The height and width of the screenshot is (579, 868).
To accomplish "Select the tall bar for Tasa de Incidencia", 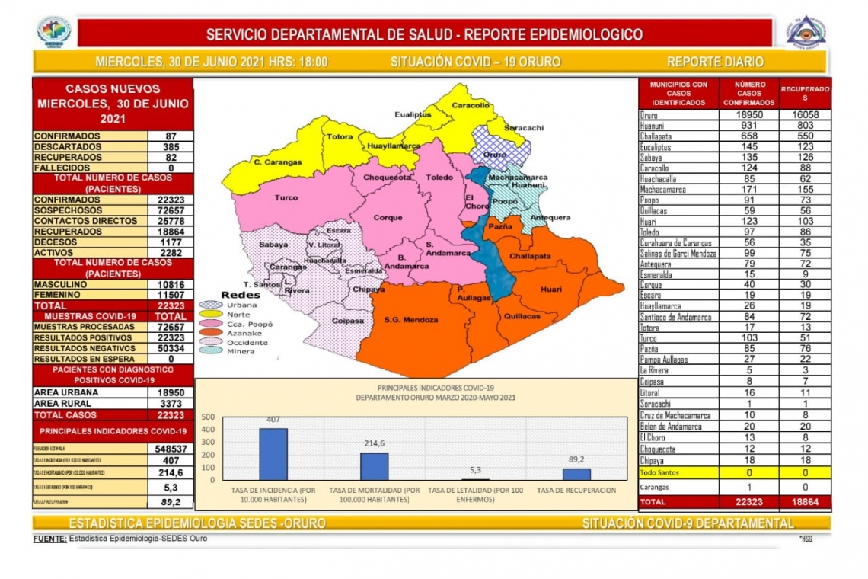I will tap(273, 454).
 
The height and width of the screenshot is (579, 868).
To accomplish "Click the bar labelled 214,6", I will tap(374, 466).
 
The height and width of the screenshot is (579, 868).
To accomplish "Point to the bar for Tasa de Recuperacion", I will tap(576, 474).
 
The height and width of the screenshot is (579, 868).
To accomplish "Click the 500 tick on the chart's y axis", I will tap(208, 417).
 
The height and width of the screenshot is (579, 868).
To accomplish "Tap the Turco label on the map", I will tap(286, 197).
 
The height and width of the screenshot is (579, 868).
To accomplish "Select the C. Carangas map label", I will tap(278, 162).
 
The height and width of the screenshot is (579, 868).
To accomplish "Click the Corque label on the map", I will tap(388, 218).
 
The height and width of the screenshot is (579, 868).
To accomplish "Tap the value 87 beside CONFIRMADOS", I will tap(171, 136).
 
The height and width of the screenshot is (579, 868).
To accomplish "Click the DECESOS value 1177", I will tap(171, 242).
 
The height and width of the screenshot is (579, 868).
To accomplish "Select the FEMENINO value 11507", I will tap(171, 295).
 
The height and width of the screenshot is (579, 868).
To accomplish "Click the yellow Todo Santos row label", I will tap(659, 473).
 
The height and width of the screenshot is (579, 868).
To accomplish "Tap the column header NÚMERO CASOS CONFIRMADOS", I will tap(748, 93).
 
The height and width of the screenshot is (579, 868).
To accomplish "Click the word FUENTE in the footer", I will tap(49, 539).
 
